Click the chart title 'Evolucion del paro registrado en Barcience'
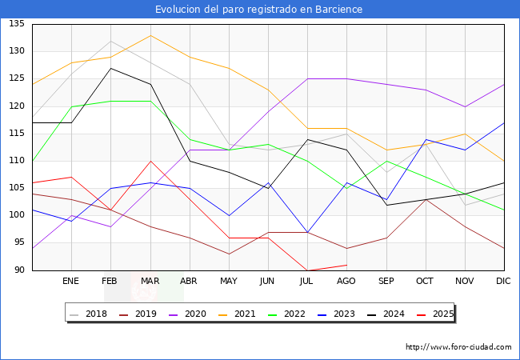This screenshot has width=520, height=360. pos(259,10)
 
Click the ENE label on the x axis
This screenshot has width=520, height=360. pos(71,281)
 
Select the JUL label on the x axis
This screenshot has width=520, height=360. pos(307,281)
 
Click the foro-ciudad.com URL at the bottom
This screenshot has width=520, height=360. pos(458,347)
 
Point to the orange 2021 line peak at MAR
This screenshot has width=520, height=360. pos(150,35)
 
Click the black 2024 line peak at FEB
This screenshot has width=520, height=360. pos(110,68)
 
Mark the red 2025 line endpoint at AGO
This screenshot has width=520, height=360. pos(346,265)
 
